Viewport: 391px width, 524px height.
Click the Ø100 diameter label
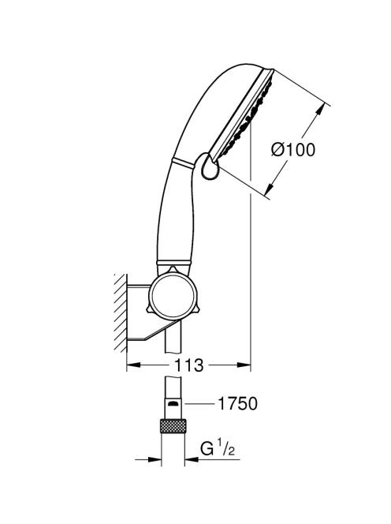point(292,149)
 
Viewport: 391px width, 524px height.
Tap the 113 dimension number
point(188,365)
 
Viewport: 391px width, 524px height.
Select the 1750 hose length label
point(237,403)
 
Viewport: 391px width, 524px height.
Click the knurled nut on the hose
point(173,425)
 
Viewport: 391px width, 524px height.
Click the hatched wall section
point(120,313)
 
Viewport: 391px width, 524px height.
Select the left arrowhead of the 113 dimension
point(133,365)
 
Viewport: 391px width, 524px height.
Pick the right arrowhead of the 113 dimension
point(244,365)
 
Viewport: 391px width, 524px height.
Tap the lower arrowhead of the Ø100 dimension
point(269,189)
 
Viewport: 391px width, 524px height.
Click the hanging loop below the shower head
point(210,167)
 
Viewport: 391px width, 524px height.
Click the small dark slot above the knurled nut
point(173,404)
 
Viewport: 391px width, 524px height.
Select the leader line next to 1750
point(199,404)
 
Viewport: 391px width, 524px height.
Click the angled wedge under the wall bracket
point(155,330)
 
